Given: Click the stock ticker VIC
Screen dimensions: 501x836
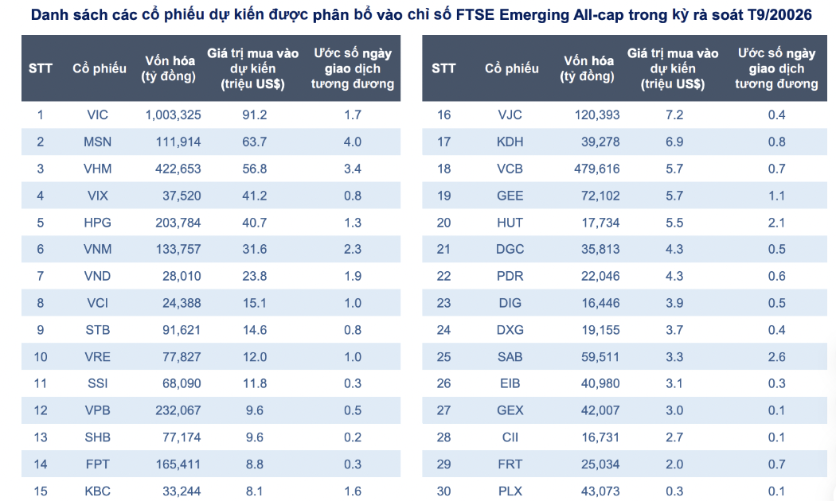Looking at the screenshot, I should click(97, 115).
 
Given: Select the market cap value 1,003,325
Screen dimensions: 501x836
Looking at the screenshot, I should click(173, 115).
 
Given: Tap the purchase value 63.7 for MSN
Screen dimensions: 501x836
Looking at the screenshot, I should click(254, 142).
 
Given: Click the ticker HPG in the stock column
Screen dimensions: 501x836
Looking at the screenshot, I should click(97, 223).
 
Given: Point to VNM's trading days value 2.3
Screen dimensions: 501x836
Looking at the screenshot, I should click(352, 249).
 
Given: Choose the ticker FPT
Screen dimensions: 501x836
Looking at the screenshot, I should click(97, 464).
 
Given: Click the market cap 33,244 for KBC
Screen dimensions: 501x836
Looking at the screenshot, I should click(182, 491).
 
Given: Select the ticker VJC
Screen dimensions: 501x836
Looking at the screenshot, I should click(510, 115).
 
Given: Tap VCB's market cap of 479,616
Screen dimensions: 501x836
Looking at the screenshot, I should click(597, 169).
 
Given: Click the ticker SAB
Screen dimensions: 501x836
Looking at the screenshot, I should click(510, 356).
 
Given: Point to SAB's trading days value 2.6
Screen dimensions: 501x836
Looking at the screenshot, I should click(776, 356).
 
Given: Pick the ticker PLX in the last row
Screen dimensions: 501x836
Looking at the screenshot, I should click(510, 491).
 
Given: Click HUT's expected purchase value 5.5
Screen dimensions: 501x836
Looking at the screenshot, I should click(674, 223).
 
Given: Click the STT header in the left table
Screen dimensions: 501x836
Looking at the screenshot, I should click(41, 68).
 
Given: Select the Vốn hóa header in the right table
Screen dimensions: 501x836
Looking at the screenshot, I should click(588, 68).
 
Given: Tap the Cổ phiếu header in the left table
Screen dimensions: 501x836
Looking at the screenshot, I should click(100, 68).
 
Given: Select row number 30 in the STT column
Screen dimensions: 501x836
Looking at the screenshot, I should click(443, 491).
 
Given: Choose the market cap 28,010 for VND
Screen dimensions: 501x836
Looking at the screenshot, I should click(182, 276).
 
